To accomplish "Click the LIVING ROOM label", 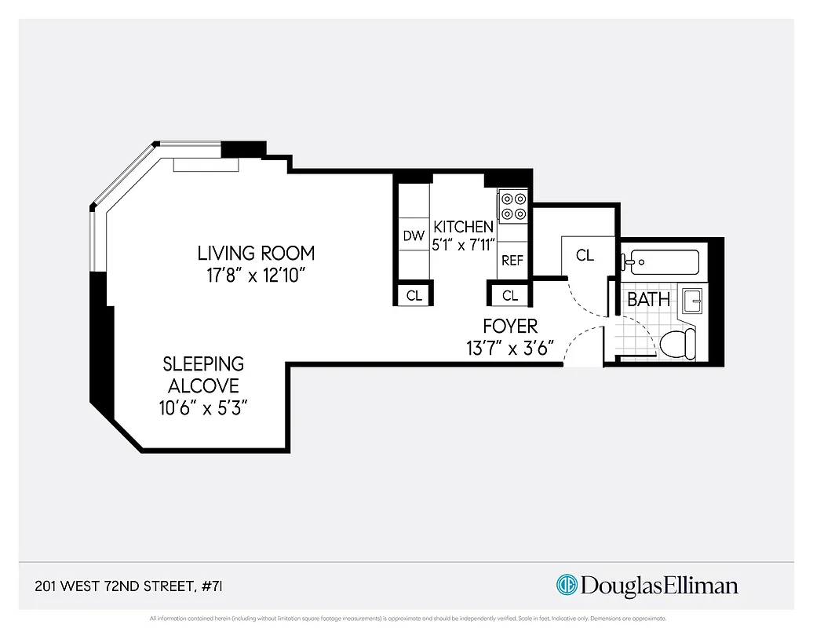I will pos(256,254).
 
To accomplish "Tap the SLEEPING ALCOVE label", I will pos(203,374).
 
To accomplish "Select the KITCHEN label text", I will pos(464,227).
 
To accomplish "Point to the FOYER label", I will pos(510,326).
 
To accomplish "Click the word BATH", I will pos(649,299).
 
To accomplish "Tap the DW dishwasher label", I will pos(414,235).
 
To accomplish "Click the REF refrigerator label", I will pos(512,261).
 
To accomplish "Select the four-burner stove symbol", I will pos(513,206).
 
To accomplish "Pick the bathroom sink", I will pos(694,301).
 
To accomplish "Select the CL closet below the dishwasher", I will pos(414,296).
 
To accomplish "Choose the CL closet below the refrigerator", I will pos(510,296).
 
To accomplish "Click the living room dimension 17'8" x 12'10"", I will pos(256,276).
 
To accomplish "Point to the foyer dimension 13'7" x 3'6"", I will pos(510,348).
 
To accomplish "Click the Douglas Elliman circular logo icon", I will pos(567,585).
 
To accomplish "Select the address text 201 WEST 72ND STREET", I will pos(115,586).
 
